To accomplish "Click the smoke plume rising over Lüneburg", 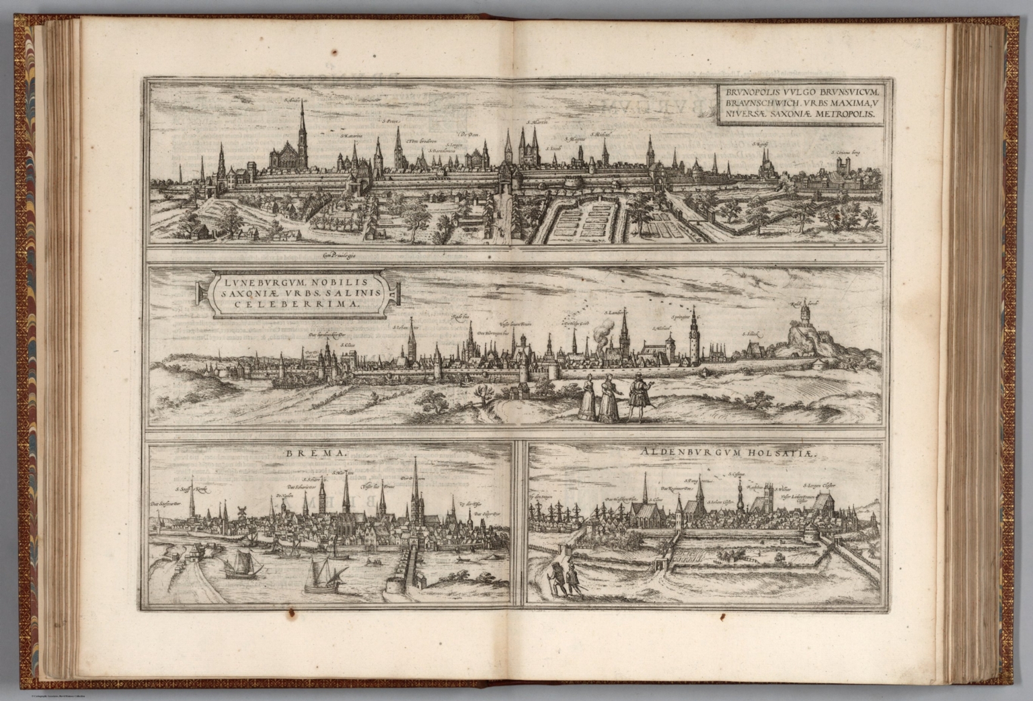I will [604, 333].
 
